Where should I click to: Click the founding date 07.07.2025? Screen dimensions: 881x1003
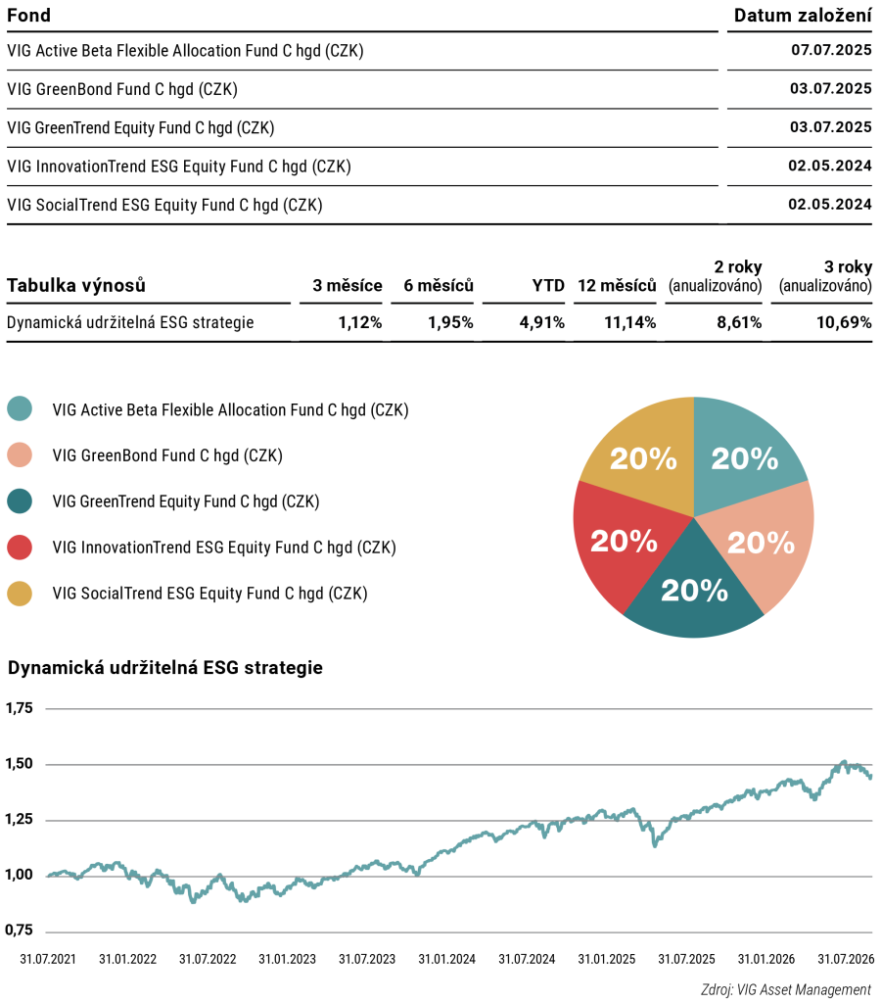click(x=831, y=50)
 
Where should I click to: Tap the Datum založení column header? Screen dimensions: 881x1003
click(x=803, y=16)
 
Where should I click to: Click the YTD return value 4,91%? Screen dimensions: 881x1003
click(x=541, y=322)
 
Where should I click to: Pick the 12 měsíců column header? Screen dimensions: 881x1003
click(x=617, y=285)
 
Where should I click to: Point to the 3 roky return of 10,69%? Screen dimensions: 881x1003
click(x=844, y=322)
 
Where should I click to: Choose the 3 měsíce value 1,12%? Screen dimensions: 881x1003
click(x=360, y=322)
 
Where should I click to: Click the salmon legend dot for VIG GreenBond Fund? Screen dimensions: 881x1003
click(x=20, y=454)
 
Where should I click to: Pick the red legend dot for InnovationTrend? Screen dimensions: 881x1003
click(x=20, y=547)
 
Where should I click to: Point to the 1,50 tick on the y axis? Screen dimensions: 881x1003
click(x=19, y=764)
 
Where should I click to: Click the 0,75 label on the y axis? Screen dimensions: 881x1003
click(x=19, y=931)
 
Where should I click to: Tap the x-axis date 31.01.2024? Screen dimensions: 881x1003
click(x=447, y=959)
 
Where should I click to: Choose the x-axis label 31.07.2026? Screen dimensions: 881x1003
click(x=846, y=959)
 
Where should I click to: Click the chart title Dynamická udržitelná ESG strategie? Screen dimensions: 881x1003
click(x=165, y=668)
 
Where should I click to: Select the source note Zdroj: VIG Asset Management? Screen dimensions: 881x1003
click(x=786, y=989)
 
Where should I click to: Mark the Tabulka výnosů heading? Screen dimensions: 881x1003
click(x=76, y=285)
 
